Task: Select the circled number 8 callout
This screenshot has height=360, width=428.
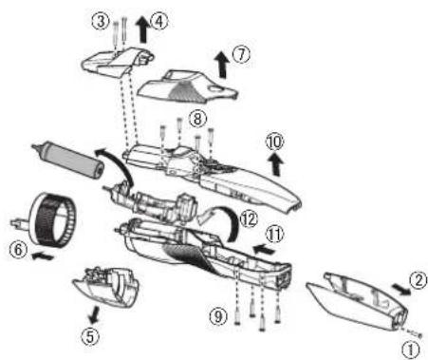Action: (x=197, y=119)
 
